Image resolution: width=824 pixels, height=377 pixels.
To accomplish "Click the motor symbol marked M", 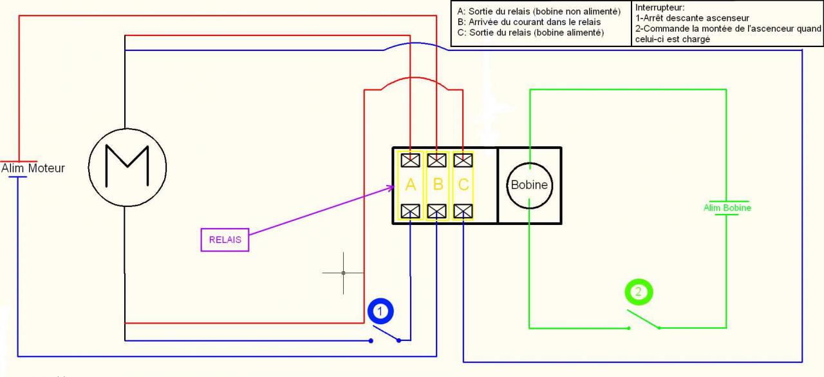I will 127,167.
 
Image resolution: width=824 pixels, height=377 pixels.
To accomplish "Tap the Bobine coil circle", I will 529,185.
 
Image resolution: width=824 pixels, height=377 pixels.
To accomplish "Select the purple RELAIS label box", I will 225,240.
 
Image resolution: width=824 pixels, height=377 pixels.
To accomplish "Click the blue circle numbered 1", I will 380,311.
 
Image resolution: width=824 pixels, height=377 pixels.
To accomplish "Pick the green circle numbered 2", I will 639,292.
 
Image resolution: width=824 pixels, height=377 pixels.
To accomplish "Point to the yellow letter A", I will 411,185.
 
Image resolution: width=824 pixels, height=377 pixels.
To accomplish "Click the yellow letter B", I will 438,185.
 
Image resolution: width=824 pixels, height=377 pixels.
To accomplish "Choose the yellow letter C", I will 464,185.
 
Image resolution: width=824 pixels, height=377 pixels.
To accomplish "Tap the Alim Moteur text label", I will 33,168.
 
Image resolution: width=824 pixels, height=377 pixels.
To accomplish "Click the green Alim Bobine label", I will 727,208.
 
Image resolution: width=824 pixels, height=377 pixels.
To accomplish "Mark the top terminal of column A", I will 411,159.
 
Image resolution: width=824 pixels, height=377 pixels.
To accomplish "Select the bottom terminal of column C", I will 464,211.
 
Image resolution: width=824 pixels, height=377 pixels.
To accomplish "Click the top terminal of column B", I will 437,159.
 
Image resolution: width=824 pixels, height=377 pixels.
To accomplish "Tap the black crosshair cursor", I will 343,273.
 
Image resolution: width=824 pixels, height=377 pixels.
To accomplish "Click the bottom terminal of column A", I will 411,211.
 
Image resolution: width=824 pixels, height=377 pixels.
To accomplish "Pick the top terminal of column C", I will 464,159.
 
